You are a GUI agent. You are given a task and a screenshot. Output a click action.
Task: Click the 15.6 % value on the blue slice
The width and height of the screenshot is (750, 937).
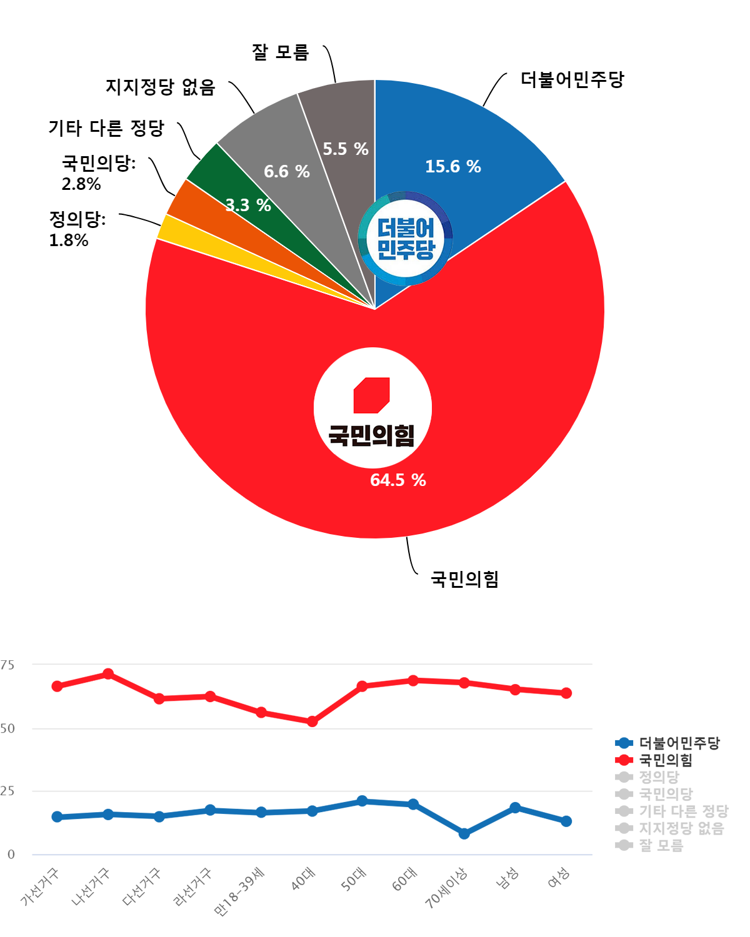click(x=452, y=167)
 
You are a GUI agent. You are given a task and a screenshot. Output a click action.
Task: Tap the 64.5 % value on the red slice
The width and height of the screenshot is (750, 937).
click(x=397, y=480)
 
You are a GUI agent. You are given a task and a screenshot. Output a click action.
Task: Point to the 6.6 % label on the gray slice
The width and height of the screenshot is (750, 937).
click(x=286, y=172)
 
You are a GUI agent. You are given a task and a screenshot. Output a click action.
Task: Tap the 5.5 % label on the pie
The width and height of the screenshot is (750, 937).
click(x=345, y=149)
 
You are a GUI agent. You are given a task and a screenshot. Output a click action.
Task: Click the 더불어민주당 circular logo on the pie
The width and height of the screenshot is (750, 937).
click(x=405, y=238)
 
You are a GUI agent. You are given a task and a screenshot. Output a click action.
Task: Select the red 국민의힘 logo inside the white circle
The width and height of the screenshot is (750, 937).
click(x=372, y=395)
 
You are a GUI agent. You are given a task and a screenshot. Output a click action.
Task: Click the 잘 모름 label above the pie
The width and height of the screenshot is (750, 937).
click(x=280, y=52)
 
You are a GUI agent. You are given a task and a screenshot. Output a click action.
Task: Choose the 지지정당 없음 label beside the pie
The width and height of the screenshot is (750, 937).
click(x=160, y=87)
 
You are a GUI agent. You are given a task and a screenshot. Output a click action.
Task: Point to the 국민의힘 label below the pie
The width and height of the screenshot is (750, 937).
click(x=464, y=579)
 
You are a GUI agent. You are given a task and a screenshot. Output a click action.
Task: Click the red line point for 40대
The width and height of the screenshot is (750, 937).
click(x=312, y=721)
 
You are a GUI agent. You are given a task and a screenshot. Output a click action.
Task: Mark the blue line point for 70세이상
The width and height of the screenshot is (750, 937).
click(x=464, y=833)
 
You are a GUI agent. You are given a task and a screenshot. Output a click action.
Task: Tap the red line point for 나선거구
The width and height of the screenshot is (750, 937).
click(x=108, y=673)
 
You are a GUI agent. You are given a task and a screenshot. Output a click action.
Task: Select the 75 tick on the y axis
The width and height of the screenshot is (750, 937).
click(x=7, y=665)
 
